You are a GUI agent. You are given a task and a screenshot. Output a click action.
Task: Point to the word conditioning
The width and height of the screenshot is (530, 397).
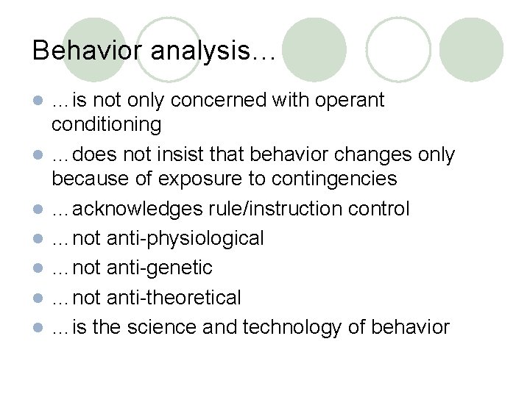106,124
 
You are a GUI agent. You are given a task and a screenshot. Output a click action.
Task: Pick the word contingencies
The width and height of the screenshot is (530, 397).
334,179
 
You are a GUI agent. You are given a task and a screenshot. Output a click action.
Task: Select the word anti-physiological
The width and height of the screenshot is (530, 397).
184,238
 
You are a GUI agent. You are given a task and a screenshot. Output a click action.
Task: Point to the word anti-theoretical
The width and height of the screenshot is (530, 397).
173,297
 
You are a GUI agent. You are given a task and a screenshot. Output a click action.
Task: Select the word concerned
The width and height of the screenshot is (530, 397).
191,100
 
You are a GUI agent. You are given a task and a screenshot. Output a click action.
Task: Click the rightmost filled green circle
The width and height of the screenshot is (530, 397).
471,49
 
